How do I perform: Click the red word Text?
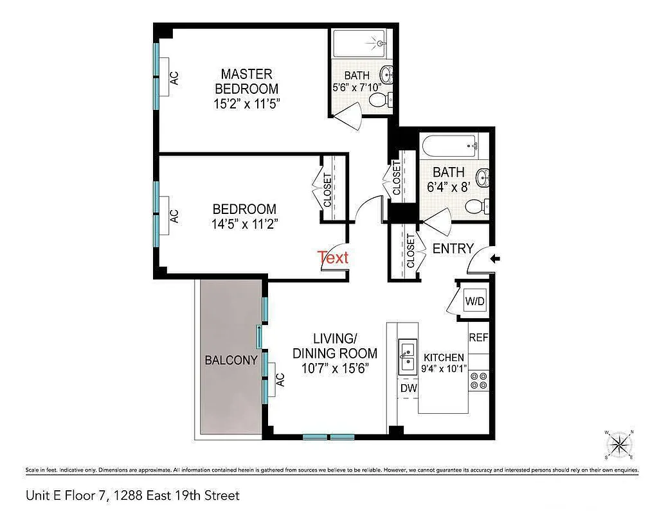333,258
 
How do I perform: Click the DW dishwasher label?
409,388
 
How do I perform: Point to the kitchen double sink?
408,358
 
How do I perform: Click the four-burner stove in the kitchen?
478,381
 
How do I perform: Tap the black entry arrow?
495,259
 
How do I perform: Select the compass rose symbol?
619,444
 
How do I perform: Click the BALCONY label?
231,360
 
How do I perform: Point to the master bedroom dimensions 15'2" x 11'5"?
246,103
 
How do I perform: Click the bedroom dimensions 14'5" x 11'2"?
244,224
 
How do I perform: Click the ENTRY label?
453,249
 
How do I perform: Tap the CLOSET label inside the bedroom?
327,190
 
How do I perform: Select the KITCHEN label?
442,358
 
